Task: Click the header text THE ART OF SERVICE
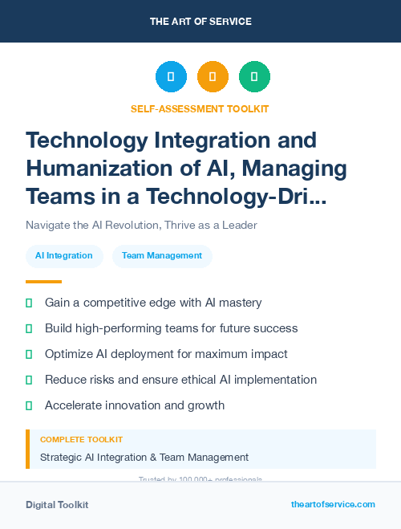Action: (200, 21)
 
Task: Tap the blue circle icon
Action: (171, 77)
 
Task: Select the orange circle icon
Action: (213, 77)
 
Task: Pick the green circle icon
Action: (254, 77)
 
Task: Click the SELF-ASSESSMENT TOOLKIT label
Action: (200, 108)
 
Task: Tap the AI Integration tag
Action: (64, 256)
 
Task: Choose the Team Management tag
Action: (162, 256)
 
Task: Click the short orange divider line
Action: (43, 281)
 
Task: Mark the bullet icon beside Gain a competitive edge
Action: (29, 303)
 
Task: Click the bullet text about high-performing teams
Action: (171, 328)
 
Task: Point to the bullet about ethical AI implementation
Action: (180, 380)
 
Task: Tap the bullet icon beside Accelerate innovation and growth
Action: (29, 405)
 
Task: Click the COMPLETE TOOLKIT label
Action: (81, 440)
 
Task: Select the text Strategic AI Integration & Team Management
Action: (144, 458)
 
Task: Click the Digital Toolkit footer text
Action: (57, 505)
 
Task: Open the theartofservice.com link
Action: (333, 504)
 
